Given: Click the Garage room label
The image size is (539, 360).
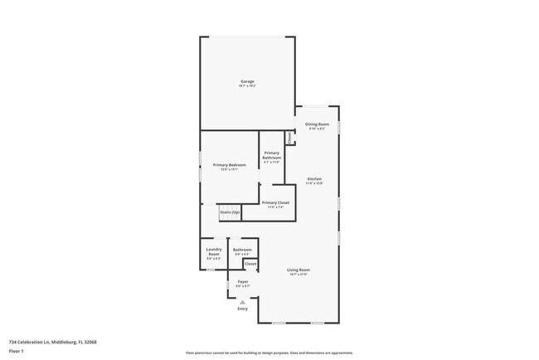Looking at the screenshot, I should (x=247, y=80).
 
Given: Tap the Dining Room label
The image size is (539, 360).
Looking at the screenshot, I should (x=318, y=124).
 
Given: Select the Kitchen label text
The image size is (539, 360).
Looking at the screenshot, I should (x=315, y=179).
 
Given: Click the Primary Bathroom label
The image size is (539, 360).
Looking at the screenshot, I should (x=271, y=155).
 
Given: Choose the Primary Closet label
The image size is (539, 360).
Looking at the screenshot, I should (x=275, y=202).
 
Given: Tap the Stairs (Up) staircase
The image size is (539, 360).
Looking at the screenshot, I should (x=230, y=212).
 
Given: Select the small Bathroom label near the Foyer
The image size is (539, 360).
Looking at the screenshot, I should (x=242, y=250).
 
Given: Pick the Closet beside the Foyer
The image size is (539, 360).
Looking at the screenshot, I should (x=250, y=264).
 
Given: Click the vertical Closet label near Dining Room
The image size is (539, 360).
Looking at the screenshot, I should (x=290, y=137).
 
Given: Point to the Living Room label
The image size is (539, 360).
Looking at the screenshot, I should (x=299, y=270).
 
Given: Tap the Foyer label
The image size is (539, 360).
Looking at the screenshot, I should (x=242, y=281).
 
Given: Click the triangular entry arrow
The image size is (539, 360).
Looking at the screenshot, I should (x=242, y=302).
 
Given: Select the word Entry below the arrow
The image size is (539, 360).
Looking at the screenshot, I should (x=242, y=309).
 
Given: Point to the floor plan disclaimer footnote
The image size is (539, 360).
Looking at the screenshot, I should (x=269, y=351).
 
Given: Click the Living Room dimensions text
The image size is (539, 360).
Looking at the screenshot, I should (x=299, y=275).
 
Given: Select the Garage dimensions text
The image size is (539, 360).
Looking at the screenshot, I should (x=247, y=85).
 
